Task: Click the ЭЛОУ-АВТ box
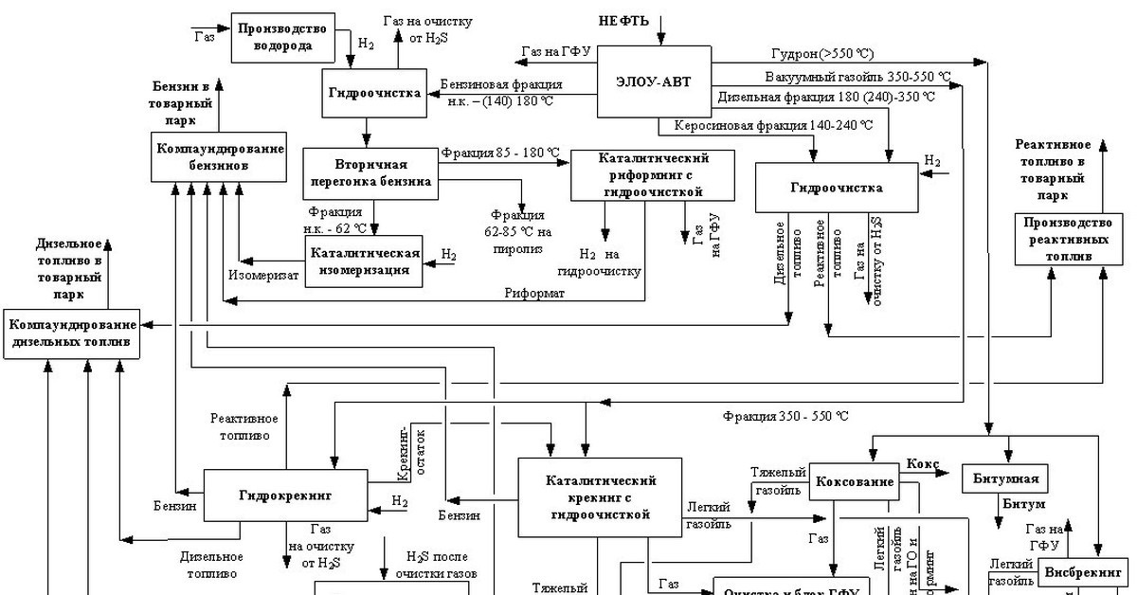(x=654, y=81)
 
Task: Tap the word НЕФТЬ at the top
(x=623, y=20)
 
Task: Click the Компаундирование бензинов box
(x=219, y=157)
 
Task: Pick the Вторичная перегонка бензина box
(x=370, y=172)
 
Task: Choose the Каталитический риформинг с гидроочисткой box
(x=653, y=174)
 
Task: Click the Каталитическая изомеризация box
(x=365, y=261)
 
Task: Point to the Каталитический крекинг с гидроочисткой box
(x=600, y=497)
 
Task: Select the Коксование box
(x=854, y=481)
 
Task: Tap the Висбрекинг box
(x=1083, y=573)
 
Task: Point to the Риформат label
(x=534, y=293)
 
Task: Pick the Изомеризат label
(x=263, y=276)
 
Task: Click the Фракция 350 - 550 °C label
(x=785, y=415)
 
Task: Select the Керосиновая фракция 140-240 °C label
(x=773, y=124)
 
